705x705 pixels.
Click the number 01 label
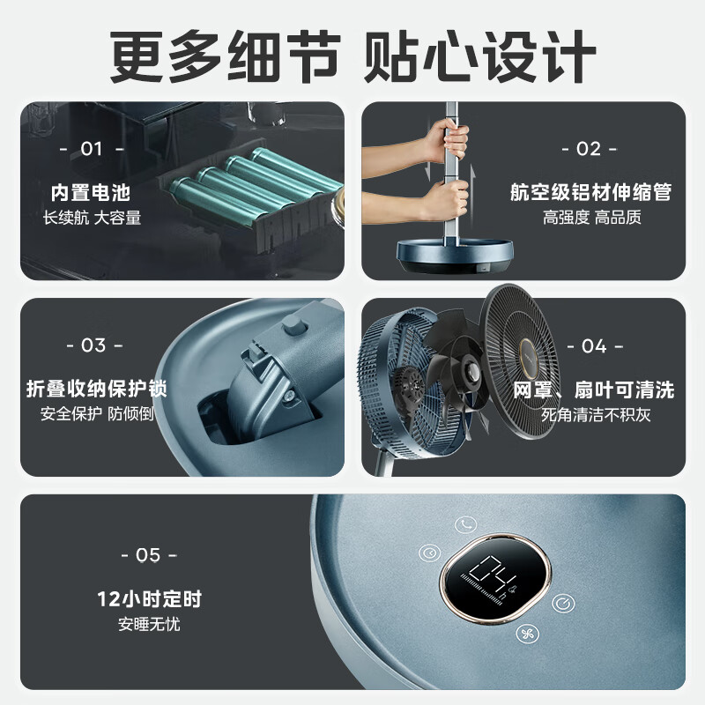[92, 149]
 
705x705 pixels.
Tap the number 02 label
[589, 149]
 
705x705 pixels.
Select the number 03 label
[94, 345]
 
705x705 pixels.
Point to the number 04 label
[595, 346]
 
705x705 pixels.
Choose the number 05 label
[149, 555]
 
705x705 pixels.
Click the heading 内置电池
[91, 193]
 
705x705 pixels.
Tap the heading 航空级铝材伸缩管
[590, 192]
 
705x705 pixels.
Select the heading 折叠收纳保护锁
[96, 389]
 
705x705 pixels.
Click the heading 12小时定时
[149, 599]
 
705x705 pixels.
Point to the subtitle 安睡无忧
[149, 624]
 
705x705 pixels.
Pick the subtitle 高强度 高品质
[591, 218]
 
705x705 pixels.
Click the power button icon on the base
[563, 603]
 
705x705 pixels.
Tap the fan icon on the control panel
[527, 634]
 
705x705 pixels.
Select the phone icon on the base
[465, 523]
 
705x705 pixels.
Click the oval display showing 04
[495, 578]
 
